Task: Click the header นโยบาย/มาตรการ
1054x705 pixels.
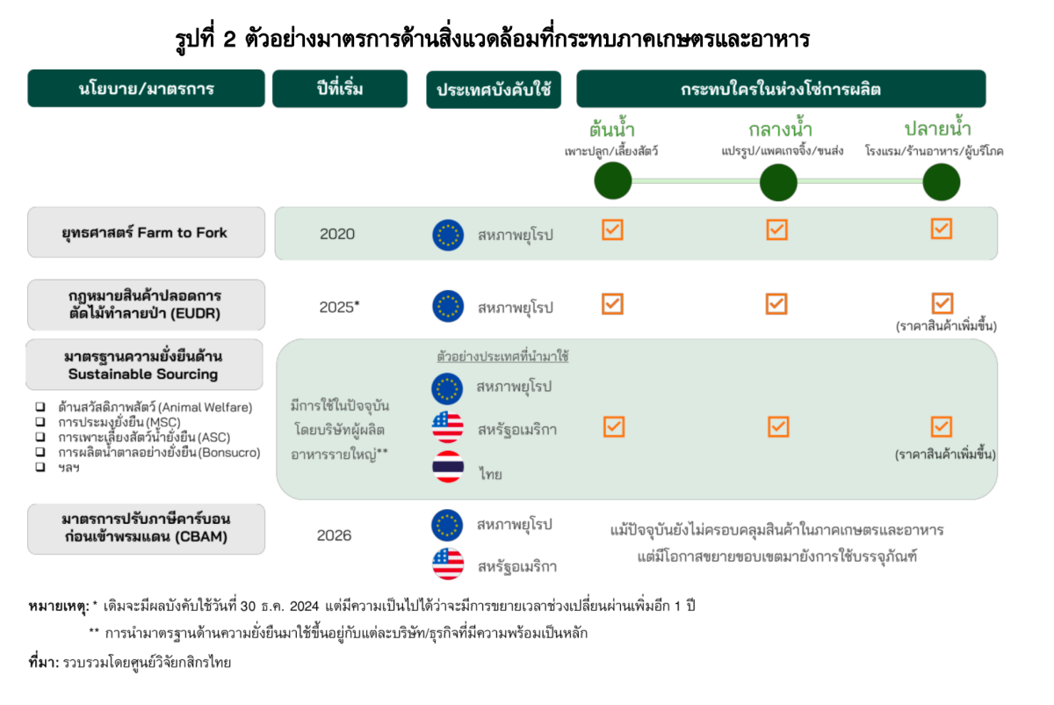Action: (x=146, y=89)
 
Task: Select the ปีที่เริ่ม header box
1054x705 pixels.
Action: (x=340, y=89)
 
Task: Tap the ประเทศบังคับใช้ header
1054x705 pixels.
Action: (x=494, y=90)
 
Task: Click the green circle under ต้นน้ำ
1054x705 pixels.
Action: (x=613, y=181)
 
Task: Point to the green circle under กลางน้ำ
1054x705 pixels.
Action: (x=778, y=182)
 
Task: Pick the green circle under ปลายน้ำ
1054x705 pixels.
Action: (x=941, y=182)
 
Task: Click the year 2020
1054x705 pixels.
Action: (x=337, y=234)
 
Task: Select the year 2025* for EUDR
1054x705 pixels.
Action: (x=339, y=307)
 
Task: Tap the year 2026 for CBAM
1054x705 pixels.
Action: (x=334, y=535)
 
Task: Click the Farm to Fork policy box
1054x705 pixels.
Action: (x=146, y=232)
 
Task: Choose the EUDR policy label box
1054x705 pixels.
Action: (x=146, y=305)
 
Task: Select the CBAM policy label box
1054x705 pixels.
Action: (x=146, y=529)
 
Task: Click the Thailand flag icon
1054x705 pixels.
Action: (x=448, y=467)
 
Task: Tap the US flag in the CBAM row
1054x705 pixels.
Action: (x=448, y=563)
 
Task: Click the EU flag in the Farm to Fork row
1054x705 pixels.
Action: (x=448, y=235)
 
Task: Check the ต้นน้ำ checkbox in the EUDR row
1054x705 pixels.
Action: (x=613, y=304)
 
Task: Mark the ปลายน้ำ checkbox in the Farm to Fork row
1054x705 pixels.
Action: (x=942, y=229)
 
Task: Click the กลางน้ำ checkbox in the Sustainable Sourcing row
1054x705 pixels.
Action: (x=778, y=426)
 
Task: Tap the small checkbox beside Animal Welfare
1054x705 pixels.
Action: (x=40, y=406)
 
